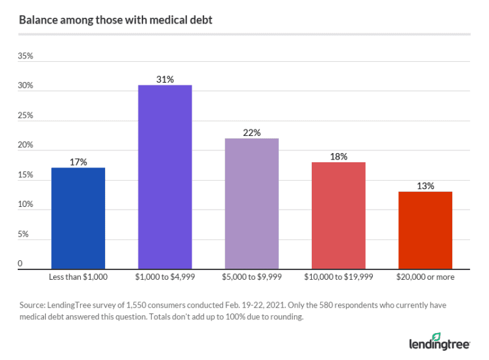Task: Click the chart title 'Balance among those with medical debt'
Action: [x=116, y=20]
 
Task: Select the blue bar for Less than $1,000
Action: [x=77, y=218]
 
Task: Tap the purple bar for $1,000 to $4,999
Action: [x=165, y=177]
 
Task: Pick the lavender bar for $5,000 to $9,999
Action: [x=251, y=204]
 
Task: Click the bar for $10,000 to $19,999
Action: [x=339, y=215]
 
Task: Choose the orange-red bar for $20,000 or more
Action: [x=425, y=230]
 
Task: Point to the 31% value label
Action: [x=165, y=79]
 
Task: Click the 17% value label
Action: [x=77, y=162]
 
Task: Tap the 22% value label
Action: [x=251, y=133]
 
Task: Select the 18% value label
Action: [x=339, y=156]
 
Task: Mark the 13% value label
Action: [x=425, y=186]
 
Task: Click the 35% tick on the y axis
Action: [x=25, y=56]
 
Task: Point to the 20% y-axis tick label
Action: [x=25, y=145]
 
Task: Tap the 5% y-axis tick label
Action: [x=23, y=235]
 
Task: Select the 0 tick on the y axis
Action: [x=20, y=264]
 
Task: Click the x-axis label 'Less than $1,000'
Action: [x=77, y=277]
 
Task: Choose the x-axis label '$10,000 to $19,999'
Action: [x=339, y=277]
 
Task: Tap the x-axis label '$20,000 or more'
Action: [x=425, y=277]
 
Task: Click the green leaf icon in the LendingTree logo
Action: [x=436, y=336]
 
